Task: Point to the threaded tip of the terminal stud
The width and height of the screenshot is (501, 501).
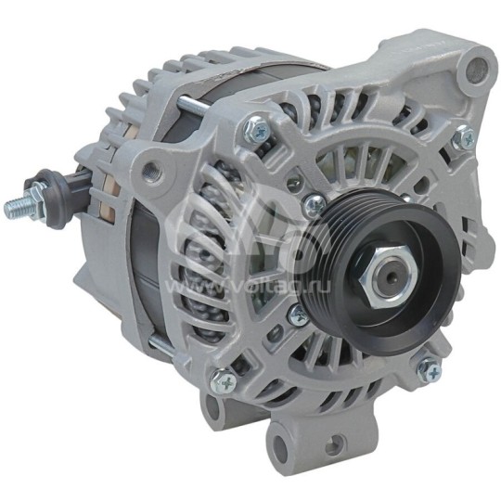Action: coord(16,209)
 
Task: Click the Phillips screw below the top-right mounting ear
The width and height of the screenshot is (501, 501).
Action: coord(461,139)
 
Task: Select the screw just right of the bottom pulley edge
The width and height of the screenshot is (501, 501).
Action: coord(429,370)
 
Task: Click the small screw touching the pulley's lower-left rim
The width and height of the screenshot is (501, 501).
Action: coord(298,315)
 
